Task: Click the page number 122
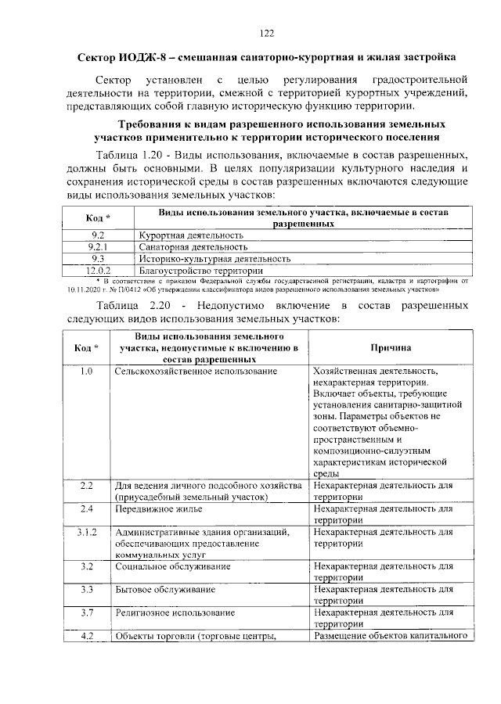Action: click(265, 32)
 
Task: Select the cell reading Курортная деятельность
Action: click(190, 235)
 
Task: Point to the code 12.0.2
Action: click(98, 268)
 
